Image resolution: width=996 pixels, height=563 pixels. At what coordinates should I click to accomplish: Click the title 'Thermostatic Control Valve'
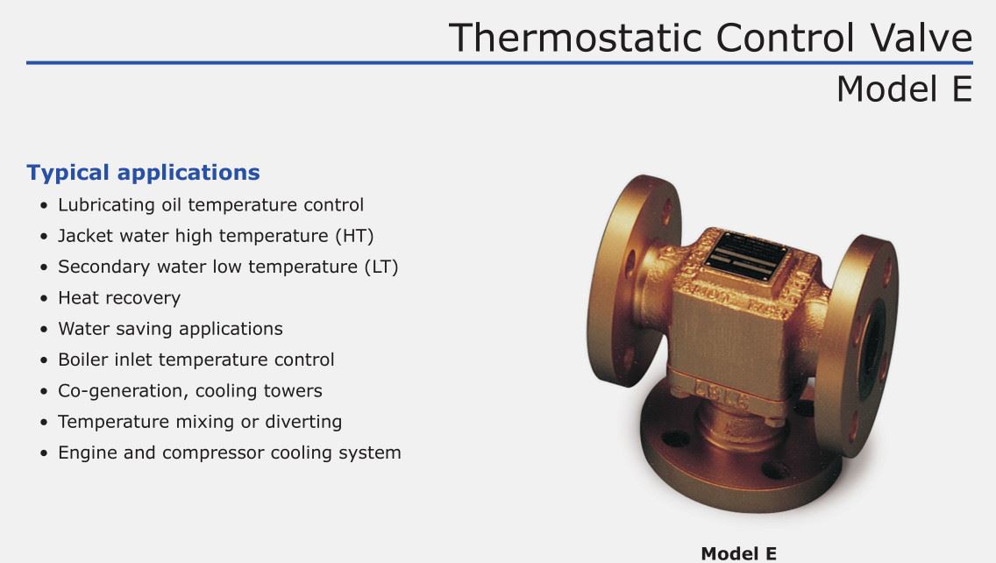coord(710,38)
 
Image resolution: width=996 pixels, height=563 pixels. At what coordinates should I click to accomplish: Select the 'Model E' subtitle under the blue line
coord(905,89)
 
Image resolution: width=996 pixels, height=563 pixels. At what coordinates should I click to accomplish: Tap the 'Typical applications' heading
coord(143,173)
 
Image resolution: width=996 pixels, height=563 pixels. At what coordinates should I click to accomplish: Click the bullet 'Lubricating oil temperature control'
coord(211,204)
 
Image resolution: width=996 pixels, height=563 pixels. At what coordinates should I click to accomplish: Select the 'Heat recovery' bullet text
coord(119,298)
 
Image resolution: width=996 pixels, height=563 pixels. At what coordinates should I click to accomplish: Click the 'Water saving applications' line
coord(170,329)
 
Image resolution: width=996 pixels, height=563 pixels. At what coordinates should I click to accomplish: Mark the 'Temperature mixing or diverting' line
coord(200,422)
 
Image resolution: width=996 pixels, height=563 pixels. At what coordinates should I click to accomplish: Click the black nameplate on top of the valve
coord(745,255)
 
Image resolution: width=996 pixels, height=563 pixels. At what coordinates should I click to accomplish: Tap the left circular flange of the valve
coord(629,280)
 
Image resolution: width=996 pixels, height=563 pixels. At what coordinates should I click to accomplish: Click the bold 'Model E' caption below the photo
coord(739,553)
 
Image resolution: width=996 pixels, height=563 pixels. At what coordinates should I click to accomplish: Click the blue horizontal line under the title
coord(499,63)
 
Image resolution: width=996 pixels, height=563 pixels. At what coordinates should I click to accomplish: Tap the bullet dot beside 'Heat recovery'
coord(43,299)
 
